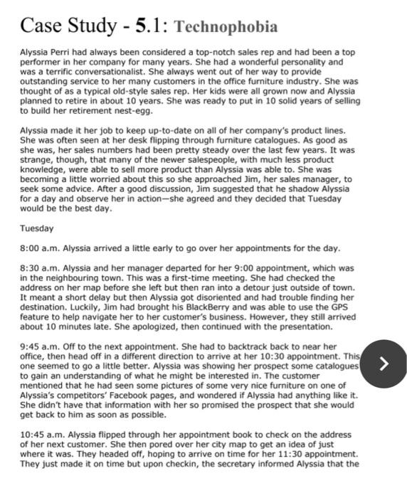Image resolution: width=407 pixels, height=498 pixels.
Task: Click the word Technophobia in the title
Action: coord(226,27)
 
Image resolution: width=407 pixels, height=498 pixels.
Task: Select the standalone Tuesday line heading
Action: coord(36,228)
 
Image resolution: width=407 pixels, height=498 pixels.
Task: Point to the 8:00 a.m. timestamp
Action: coord(39,248)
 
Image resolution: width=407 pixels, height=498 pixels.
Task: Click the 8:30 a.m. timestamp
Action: coord(39,267)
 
